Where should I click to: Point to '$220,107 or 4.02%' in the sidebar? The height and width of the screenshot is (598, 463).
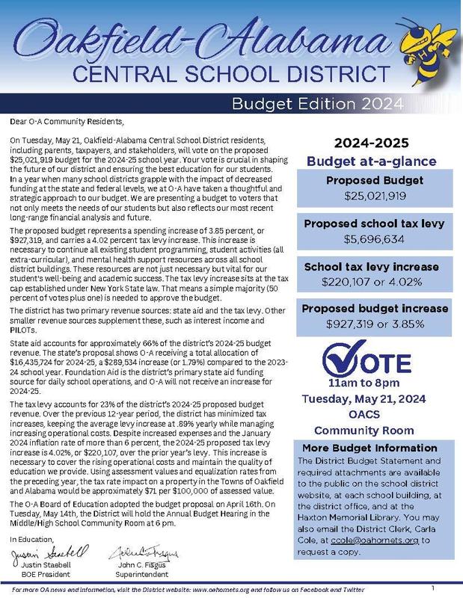coord(375,283)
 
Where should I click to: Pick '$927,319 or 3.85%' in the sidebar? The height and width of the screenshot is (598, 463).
coord(375,324)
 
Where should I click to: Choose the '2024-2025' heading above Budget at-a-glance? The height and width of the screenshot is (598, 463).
coord(375,143)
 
